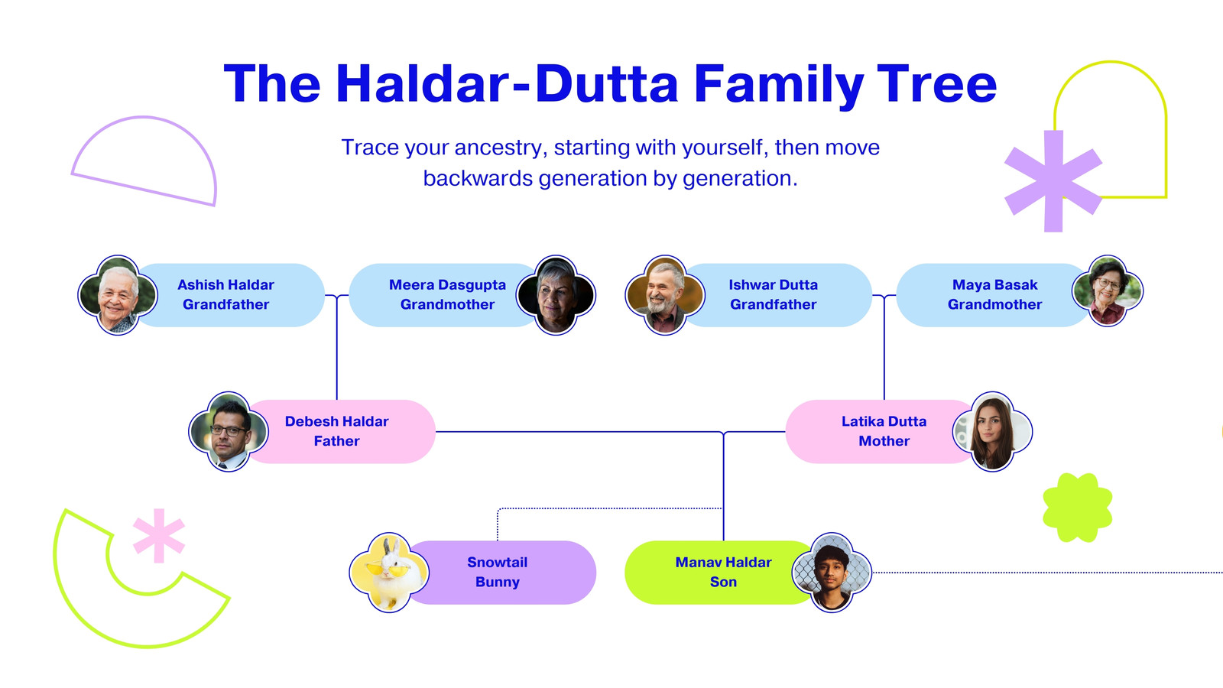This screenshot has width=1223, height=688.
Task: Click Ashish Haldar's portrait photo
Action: pos(118,295)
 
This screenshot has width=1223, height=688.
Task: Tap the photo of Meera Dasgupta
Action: pos(556,295)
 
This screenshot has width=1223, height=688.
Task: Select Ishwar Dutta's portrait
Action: pos(665,295)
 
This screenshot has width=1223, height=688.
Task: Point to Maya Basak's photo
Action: pos(1108,290)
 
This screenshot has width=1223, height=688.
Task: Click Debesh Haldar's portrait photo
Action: pos(229,431)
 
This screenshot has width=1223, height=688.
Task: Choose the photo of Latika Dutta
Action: pos(993,431)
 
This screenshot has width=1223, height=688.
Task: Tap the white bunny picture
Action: pos(389,573)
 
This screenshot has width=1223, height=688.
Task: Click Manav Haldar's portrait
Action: pos(832,573)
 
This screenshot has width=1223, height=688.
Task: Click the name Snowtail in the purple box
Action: pos(498,563)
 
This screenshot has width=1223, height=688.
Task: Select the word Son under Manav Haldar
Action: pos(723,582)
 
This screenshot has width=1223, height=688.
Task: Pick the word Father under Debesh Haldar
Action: pos(337,441)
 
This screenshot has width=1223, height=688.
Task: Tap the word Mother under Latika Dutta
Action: pos(884,441)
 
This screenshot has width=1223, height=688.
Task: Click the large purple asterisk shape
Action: pos(1053,180)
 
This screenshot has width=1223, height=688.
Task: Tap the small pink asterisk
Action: pos(159,536)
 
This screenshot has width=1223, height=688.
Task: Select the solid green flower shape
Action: pos(1077,508)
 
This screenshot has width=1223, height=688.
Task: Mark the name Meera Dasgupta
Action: pos(447,285)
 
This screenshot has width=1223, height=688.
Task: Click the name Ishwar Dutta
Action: pos(773,285)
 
